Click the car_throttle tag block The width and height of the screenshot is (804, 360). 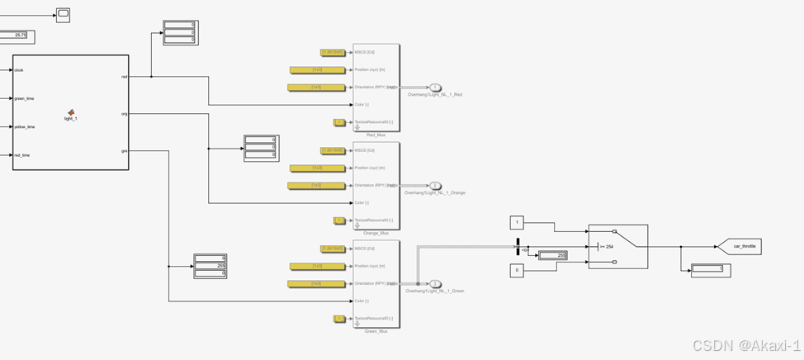(x=740, y=246)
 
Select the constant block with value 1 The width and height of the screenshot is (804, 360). (x=517, y=222)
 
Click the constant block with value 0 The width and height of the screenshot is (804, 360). (x=517, y=270)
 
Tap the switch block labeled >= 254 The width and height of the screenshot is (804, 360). (x=617, y=246)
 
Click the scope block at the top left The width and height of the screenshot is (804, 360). (x=63, y=14)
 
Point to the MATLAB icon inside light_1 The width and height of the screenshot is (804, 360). (x=71, y=112)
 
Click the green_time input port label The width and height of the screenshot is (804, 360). (x=25, y=98)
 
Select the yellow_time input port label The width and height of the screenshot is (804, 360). (x=25, y=126)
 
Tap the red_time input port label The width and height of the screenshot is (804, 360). (x=23, y=154)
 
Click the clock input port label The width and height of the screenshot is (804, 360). (x=19, y=70)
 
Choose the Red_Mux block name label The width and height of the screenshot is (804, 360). (x=376, y=135)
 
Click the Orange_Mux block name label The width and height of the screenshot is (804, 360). (x=376, y=233)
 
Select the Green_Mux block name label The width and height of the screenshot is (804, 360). (x=376, y=331)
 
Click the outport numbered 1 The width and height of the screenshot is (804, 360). (x=435, y=88)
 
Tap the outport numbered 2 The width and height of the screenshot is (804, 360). (x=435, y=186)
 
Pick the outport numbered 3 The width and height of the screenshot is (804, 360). (x=435, y=284)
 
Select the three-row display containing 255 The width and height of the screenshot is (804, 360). (x=210, y=266)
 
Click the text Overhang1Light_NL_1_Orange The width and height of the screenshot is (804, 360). (x=434, y=192)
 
